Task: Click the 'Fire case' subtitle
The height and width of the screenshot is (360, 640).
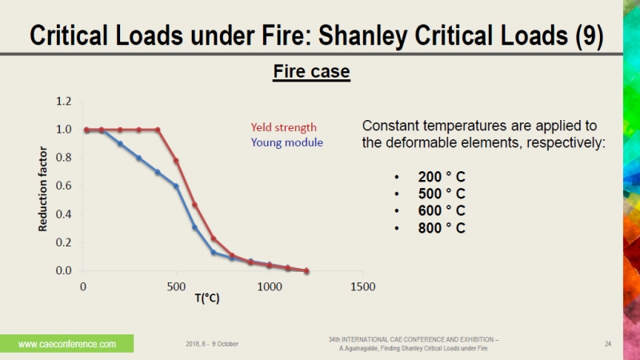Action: point(311,72)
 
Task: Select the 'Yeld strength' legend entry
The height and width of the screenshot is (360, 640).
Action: point(283,127)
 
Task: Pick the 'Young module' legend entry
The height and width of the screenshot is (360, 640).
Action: point(286,142)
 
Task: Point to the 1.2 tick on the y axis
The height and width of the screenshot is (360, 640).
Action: point(64,102)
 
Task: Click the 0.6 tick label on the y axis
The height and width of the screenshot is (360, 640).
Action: point(64,186)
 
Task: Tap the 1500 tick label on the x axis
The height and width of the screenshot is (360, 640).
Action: point(362,286)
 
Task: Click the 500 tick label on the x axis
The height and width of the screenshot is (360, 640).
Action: point(176,286)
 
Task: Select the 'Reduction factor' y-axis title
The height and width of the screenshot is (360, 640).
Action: point(43,189)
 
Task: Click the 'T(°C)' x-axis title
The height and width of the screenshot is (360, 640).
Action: point(206,298)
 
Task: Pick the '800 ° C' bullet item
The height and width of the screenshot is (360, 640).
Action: point(441,228)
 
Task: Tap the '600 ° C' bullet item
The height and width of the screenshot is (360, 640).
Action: point(441,210)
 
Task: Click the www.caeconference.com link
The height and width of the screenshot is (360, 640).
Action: point(67,344)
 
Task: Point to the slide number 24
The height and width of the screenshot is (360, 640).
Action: point(608,344)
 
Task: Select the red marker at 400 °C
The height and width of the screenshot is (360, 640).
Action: point(158,130)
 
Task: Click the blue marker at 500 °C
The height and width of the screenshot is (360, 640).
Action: point(176,186)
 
